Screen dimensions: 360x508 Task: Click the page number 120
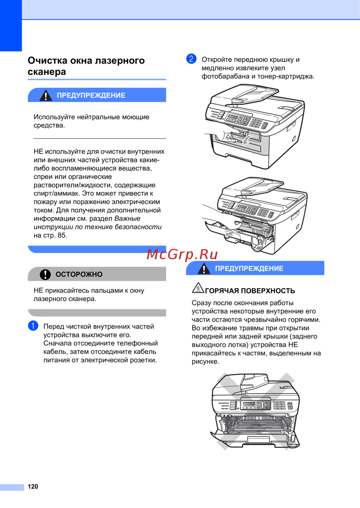pos(33,486)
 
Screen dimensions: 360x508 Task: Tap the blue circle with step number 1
pos(33,326)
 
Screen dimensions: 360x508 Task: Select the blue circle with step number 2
pos(191,59)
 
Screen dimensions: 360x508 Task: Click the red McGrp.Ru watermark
pos(182,255)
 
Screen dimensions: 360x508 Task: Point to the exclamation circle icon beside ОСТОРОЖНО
pos(45,274)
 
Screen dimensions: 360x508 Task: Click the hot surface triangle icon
pos(198,288)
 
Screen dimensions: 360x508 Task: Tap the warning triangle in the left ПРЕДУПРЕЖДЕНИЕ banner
pos(46,95)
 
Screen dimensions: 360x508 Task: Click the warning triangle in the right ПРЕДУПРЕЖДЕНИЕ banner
pos(204,268)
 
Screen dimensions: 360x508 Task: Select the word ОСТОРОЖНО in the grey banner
pos(79,274)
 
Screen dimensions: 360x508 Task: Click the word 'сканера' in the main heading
pos(47,72)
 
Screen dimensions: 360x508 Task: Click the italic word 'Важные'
pos(127,219)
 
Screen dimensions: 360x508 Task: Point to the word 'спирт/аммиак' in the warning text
pos(57,193)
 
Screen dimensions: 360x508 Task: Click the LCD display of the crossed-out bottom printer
pos(249,404)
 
